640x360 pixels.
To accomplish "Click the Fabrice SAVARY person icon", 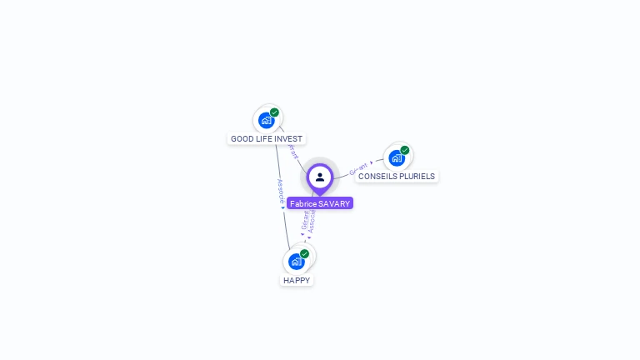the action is coord(320,177).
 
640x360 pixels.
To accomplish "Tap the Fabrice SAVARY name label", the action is coord(320,203).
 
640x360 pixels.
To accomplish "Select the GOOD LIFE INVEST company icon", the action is coord(266,120).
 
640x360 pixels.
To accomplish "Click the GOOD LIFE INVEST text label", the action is coord(267,139).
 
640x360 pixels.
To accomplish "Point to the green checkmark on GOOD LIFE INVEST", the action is coord(274,112).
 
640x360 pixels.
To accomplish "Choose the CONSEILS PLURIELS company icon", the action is coord(397,157).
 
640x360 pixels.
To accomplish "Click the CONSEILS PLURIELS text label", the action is coord(397,177).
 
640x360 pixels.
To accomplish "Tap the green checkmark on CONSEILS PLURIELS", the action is coord(405,150).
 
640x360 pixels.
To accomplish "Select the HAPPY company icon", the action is coord(296,261).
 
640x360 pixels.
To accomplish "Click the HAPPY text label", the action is coord(297,281).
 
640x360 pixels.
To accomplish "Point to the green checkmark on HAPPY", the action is coord(304,253).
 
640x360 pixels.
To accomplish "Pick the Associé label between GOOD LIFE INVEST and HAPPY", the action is coord(281,192).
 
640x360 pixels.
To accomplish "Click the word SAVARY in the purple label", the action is coord(334,203).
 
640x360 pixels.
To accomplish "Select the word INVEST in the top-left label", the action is coord(288,139).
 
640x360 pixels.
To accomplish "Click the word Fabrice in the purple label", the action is coord(303,203).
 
